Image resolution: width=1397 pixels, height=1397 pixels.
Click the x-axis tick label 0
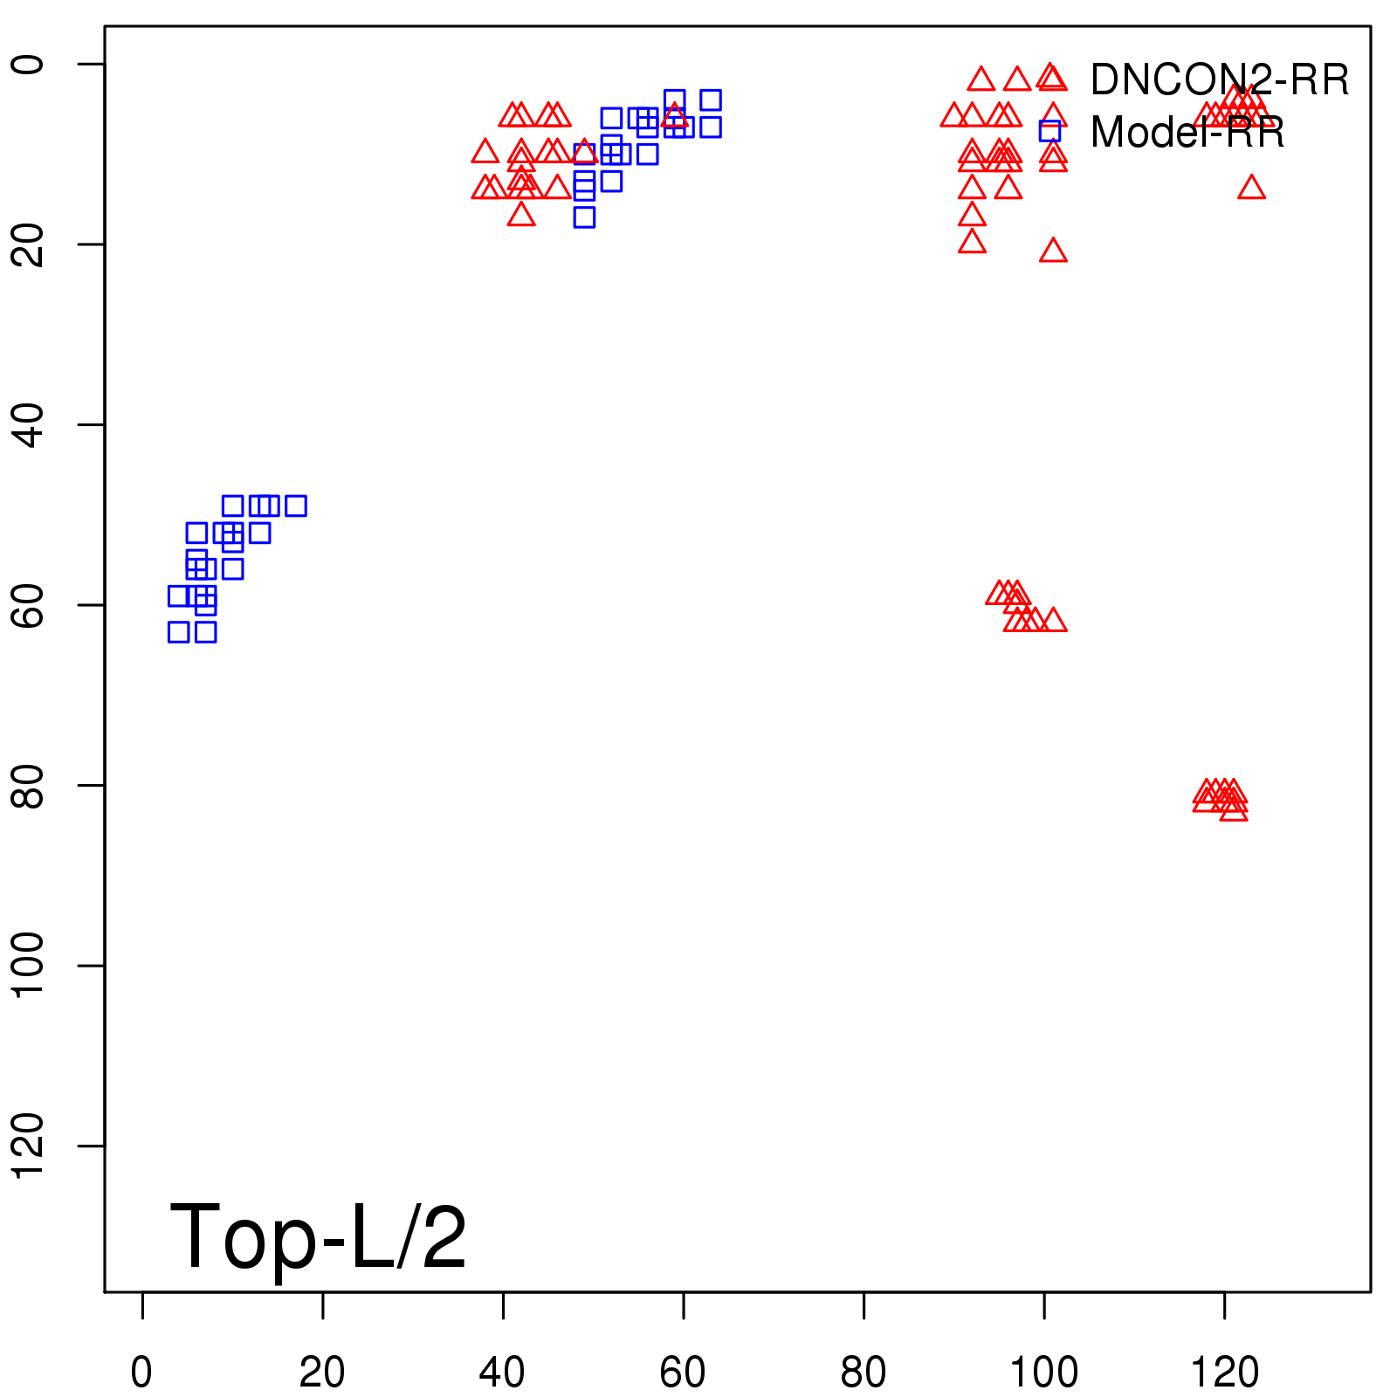coord(141,1373)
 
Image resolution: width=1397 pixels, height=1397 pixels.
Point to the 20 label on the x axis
coord(322,1373)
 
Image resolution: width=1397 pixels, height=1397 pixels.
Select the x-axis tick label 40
coord(502,1373)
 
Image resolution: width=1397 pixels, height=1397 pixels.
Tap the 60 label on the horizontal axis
coord(683,1373)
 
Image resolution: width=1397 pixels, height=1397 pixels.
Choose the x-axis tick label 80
coord(863,1373)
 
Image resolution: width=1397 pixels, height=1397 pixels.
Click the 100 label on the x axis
coord(1043,1373)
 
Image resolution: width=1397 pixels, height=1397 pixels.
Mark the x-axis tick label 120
coord(1224,1373)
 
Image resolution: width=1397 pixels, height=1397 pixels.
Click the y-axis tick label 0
coord(28,65)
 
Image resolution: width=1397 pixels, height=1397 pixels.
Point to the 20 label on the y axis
coord(28,244)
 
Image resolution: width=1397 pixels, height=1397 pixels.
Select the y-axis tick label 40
coord(28,424)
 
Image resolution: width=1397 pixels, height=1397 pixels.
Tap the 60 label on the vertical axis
coord(28,604)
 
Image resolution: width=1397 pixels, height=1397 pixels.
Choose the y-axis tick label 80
coord(28,785)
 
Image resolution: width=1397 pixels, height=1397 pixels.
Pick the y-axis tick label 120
coord(28,1146)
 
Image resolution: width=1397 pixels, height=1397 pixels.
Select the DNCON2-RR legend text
coord(1219,80)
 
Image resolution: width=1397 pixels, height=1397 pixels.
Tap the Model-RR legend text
coord(1187,133)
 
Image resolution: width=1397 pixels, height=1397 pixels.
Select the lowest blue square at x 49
coord(584,217)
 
